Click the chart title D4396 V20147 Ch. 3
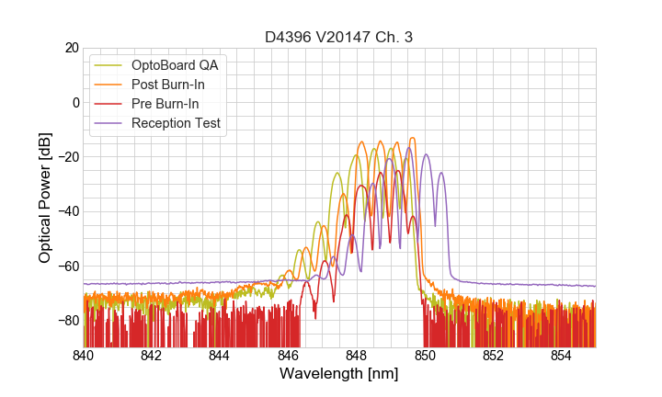click(338, 37)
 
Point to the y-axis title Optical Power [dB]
click(45, 197)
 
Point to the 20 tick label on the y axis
click(71, 48)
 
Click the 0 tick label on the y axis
click(74, 102)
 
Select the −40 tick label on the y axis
click(67, 211)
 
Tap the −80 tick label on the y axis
click(67, 321)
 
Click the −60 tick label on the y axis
click(67, 267)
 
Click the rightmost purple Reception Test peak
click(441, 173)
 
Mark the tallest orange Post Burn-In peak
click(413, 138)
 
